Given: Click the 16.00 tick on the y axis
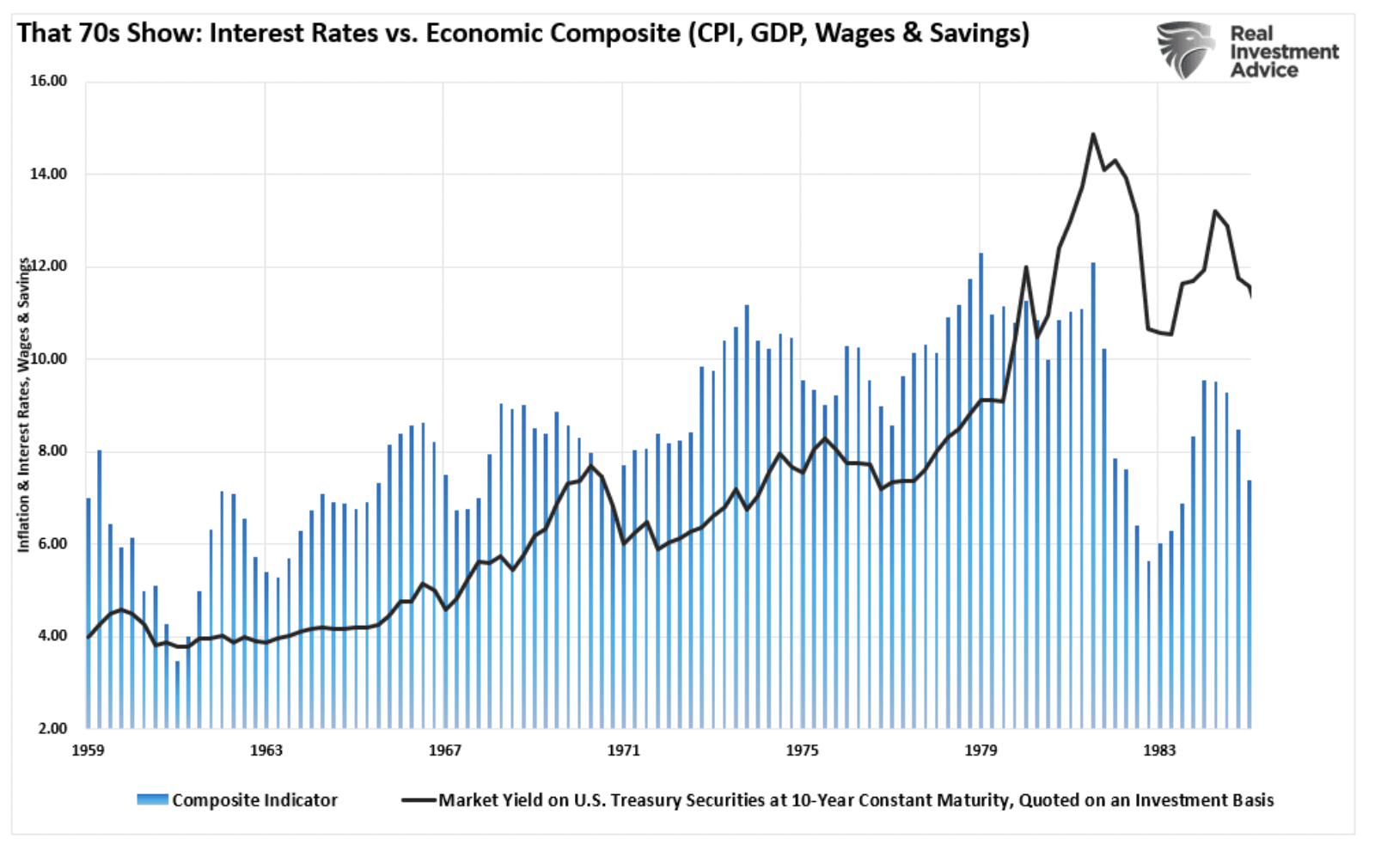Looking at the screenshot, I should click(48, 81).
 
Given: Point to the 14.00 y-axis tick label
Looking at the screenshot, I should click(48, 174).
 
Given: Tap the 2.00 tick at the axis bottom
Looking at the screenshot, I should click(52, 728).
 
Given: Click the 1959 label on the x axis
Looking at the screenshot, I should click(88, 750).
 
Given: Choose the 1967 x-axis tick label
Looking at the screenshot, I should click(444, 750).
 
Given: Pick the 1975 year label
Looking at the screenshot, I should click(802, 750).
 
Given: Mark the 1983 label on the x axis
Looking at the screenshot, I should click(1158, 750).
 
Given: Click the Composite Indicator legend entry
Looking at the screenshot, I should click(254, 800).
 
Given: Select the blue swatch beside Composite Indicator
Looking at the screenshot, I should click(152, 800).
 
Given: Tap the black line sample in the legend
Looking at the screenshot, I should click(419, 800).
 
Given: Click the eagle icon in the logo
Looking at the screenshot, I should click(1187, 49).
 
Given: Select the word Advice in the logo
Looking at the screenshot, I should click(1263, 70).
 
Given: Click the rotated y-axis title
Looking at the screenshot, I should click(24, 404).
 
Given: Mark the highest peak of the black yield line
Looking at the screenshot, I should click(1093, 134).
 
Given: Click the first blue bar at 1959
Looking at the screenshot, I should click(88, 610).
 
